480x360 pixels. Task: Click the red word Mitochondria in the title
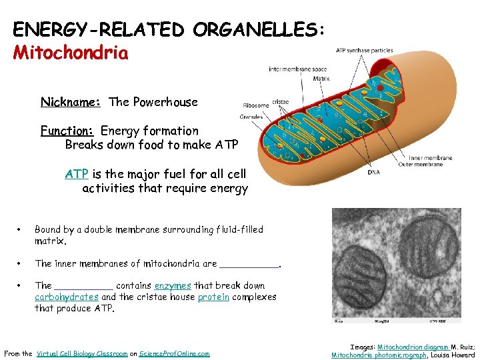click(71, 53)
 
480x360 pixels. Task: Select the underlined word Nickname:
click(71, 102)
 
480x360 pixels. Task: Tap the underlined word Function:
click(68, 131)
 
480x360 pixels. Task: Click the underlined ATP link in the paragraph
click(77, 174)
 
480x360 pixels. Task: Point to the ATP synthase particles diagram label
click(364, 50)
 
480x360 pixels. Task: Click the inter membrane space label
click(298, 69)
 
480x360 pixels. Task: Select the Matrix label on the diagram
click(321, 79)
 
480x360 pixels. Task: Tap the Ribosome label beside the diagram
click(255, 105)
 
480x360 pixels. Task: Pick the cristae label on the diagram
click(281, 102)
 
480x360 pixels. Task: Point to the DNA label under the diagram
click(374, 172)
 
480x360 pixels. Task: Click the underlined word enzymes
click(173, 285)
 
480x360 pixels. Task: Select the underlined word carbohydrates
click(67, 297)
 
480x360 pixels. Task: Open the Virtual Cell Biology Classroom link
click(82, 354)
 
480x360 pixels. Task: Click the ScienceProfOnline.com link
click(174, 354)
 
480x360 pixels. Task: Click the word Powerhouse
click(165, 102)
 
